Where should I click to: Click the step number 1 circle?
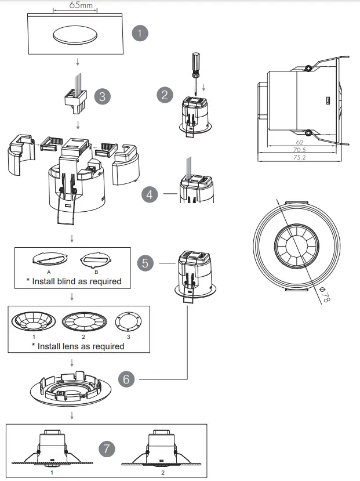140,33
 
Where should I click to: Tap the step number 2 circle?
165,95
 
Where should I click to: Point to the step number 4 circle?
150,194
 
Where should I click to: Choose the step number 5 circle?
146,263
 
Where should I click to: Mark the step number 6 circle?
126,379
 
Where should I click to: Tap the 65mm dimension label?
74,5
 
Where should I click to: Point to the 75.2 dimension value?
300,157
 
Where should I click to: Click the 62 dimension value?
299,142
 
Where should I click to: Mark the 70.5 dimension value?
300,149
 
